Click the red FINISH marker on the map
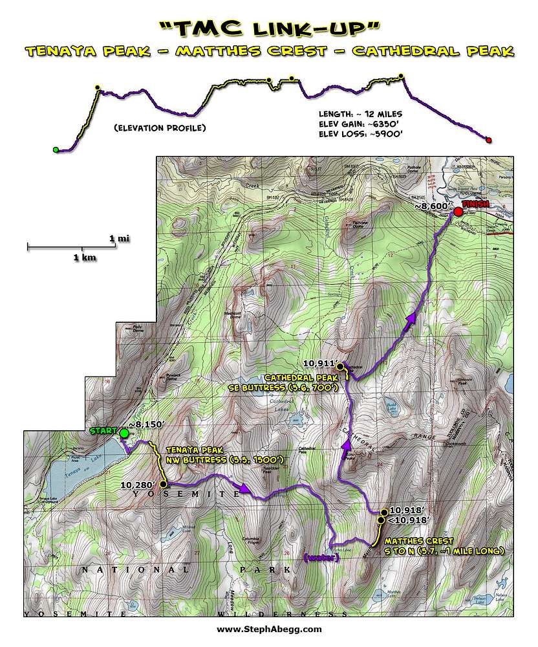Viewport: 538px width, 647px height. (458, 212)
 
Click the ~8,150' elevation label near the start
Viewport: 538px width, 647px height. (147, 424)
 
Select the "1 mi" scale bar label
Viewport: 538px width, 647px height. (120, 238)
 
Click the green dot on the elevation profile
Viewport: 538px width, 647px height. (56, 150)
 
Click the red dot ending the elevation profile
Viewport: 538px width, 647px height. (488, 139)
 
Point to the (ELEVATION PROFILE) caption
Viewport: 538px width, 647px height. (159, 128)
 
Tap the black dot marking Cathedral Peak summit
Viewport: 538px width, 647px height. (340, 366)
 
